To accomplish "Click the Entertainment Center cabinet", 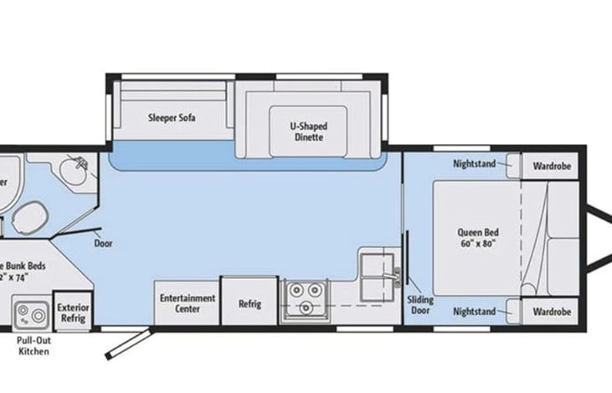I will pos(187,303).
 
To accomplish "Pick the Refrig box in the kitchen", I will pos(249,303).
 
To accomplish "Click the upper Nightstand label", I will pos(474,163).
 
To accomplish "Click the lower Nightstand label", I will pos(474,311).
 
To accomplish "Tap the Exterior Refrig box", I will pos(72,312).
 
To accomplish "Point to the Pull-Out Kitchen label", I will pos(33,346).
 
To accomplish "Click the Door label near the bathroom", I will pos(104,244).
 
